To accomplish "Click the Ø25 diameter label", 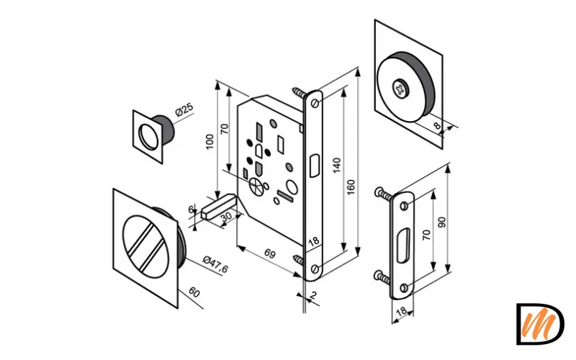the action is coord(184,109).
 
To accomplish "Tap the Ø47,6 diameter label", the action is coord(215,264).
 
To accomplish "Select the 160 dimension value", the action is coord(351,187).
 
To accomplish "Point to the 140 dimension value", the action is coord(336,165).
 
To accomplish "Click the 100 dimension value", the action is coord(210,141).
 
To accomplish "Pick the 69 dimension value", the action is coord(270,253).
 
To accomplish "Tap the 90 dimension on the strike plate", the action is coord(442,222).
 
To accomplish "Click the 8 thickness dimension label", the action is coord(437,125).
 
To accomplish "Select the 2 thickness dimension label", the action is coord(313,295).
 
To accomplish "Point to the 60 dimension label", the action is coord(194,292).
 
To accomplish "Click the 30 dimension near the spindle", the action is coord(226,217).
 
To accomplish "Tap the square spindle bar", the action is coord(218,207).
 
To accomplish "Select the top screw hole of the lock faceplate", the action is coord(315,104).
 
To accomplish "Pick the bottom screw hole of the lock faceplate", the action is coord(315,269).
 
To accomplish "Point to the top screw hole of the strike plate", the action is coord(404,206).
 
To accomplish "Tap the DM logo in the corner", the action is coord(540,324).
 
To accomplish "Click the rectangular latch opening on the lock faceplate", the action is coord(315,166).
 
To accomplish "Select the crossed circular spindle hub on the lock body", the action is coord(256,186).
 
